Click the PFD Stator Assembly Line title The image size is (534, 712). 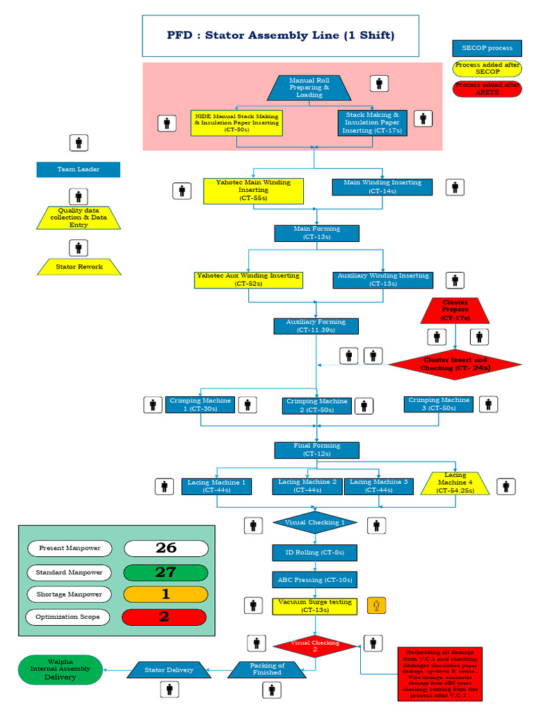click(x=281, y=36)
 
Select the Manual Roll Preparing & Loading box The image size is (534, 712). click(x=309, y=88)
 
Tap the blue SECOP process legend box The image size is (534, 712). click(x=487, y=48)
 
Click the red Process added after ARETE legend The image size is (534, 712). click(x=487, y=88)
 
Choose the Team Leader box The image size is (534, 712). click(x=78, y=170)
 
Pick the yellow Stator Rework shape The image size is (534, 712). click(x=79, y=266)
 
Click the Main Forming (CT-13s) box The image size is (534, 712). click(x=316, y=233)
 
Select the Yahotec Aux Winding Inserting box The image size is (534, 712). click(x=248, y=280)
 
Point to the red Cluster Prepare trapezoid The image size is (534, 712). click(x=455, y=310)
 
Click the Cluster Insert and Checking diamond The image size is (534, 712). click(x=455, y=364)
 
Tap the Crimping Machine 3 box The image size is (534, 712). click(x=439, y=404)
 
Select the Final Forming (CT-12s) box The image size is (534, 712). click(x=316, y=450)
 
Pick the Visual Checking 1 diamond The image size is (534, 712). click(x=315, y=522)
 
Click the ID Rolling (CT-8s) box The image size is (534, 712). click(x=315, y=553)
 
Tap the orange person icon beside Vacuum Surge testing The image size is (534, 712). click(x=376, y=605)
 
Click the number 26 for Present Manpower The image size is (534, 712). click(x=165, y=548)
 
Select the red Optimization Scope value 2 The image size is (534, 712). click(x=165, y=617)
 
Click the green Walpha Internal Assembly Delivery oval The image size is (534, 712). click(x=60, y=670)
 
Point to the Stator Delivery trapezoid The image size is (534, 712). click(x=169, y=670)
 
